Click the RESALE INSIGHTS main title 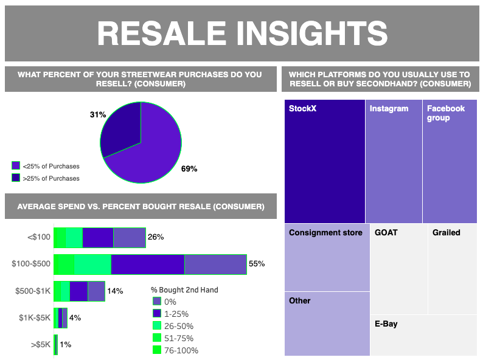[242, 33]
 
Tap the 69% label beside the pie [189, 168]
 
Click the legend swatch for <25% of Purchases [16, 165]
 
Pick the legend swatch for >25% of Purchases [16, 178]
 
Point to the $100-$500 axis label [31, 264]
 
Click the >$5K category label [40, 344]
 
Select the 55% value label [257, 264]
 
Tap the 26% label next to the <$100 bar [156, 237]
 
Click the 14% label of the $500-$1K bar [115, 291]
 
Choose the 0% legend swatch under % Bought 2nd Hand [157, 302]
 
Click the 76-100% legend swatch [157, 350]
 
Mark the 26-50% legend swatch [157, 326]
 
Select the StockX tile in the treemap [324, 161]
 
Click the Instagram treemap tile [393, 161]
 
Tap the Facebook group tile [450, 161]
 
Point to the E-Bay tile [424, 335]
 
